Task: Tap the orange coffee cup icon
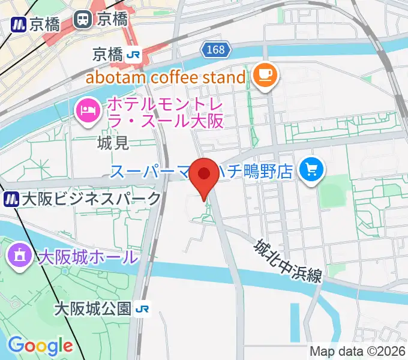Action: point(265,76)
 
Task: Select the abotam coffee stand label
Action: point(166,77)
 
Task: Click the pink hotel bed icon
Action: point(88,110)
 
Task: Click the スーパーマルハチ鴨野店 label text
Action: point(201,172)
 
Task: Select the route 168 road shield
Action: point(214,50)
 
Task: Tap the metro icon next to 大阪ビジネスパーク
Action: point(11,199)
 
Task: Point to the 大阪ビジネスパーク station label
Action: point(91,199)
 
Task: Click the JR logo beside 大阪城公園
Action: point(142,309)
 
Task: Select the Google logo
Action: point(40,346)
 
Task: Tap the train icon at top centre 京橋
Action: point(82,19)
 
